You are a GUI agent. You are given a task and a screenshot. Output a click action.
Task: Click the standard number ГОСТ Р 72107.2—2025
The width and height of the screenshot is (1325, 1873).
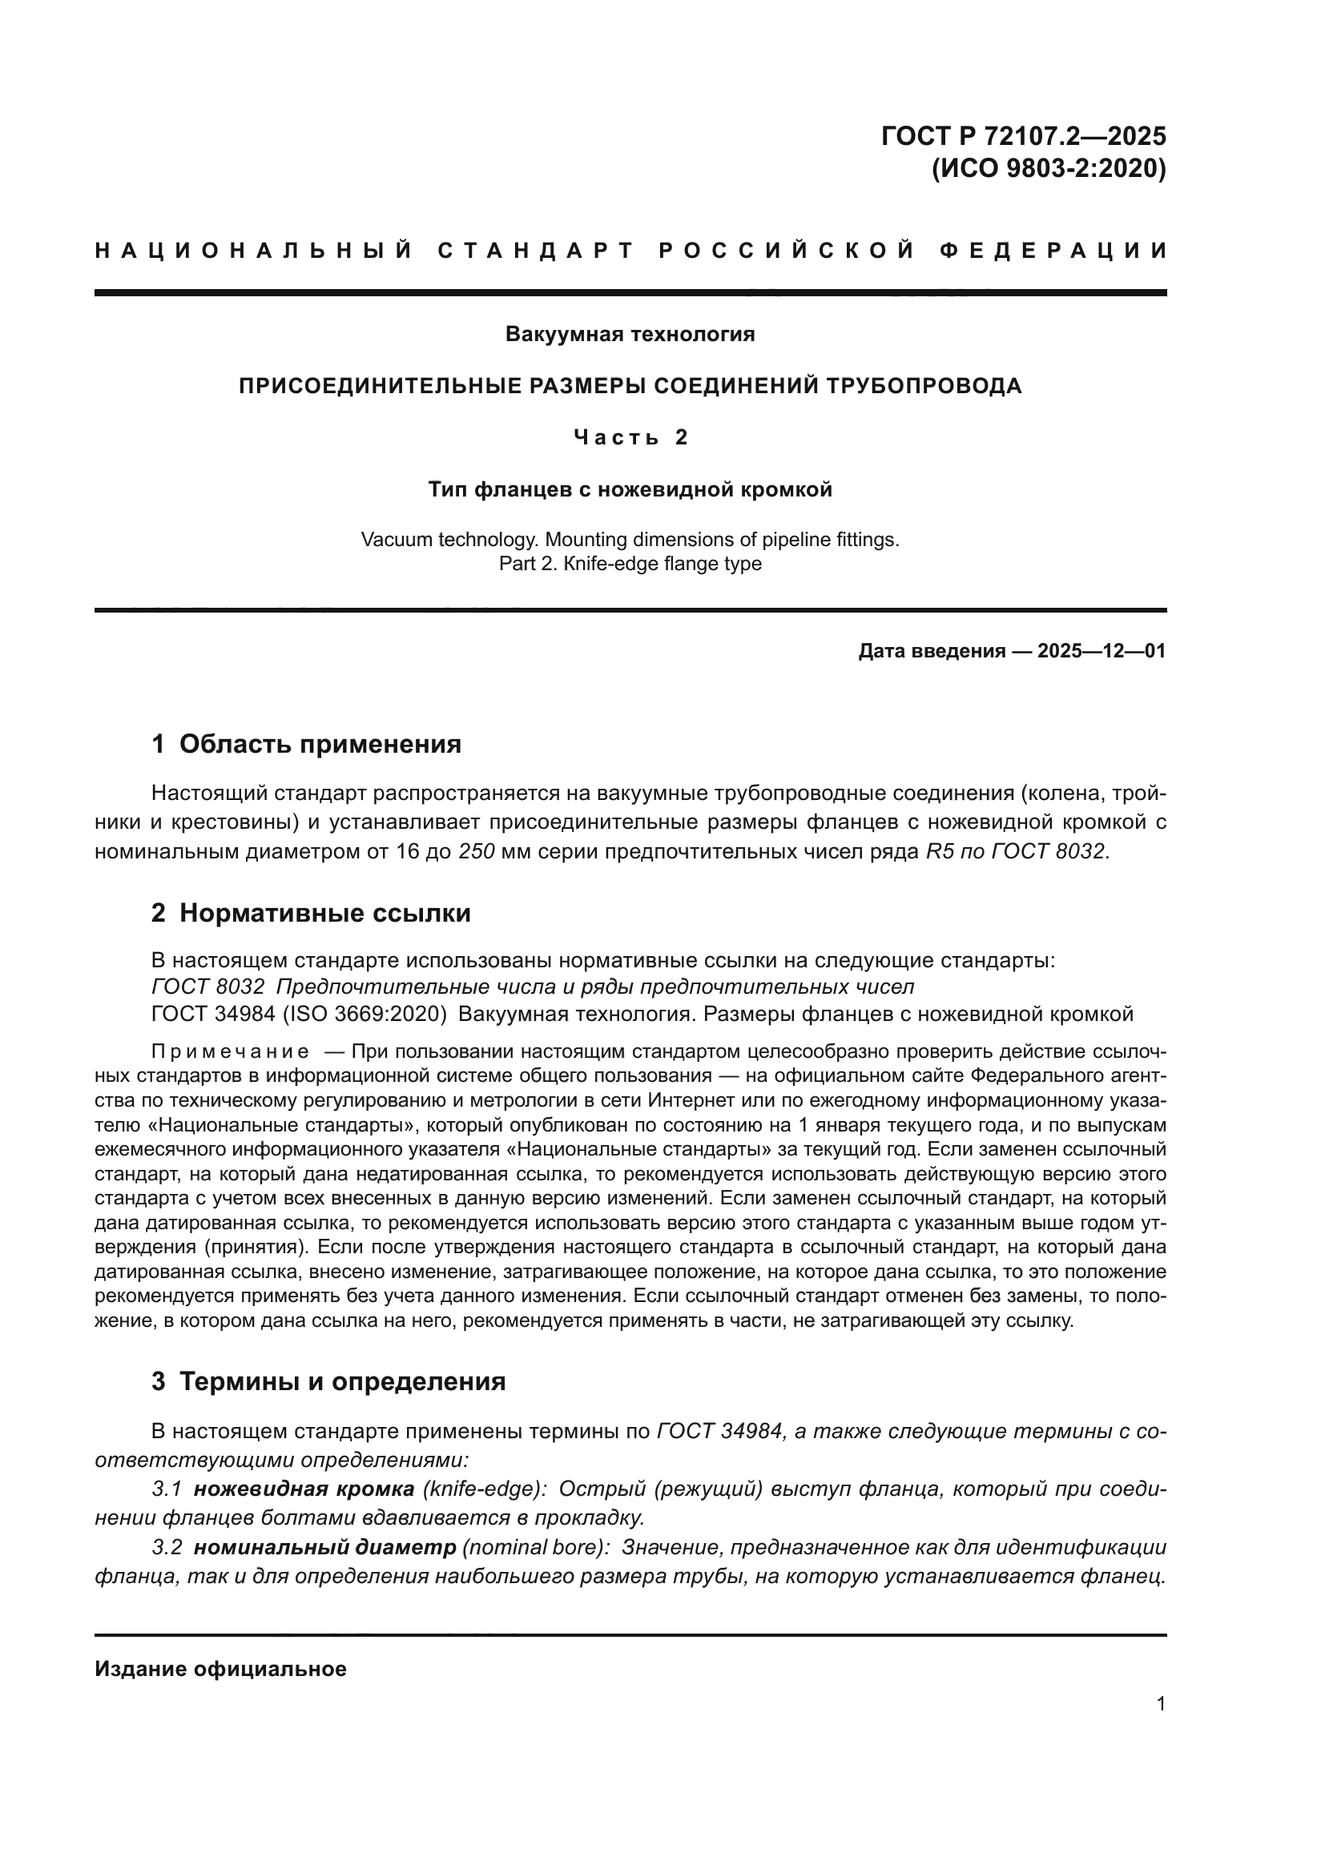pyautogui.click(x=1023, y=135)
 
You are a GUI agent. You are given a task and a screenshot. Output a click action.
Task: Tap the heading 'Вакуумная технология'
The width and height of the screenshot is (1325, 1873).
pyautogui.click(x=630, y=334)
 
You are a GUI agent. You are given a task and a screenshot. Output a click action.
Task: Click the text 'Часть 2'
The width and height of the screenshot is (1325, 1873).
pyautogui.click(x=630, y=438)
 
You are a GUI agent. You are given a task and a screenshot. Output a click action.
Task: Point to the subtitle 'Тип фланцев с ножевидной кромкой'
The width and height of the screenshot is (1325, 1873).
pyautogui.click(x=630, y=489)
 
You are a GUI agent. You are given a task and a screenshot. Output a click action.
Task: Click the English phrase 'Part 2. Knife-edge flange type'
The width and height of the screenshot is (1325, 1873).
pyautogui.click(x=630, y=564)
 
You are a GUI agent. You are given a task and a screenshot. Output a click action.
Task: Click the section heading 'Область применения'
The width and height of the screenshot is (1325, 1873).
pyautogui.click(x=320, y=744)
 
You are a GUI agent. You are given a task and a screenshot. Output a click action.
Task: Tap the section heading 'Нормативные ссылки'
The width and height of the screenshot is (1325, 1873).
pyautogui.click(x=324, y=913)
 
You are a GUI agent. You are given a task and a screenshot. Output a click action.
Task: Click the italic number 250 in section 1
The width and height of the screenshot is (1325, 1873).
pyautogui.click(x=477, y=851)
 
